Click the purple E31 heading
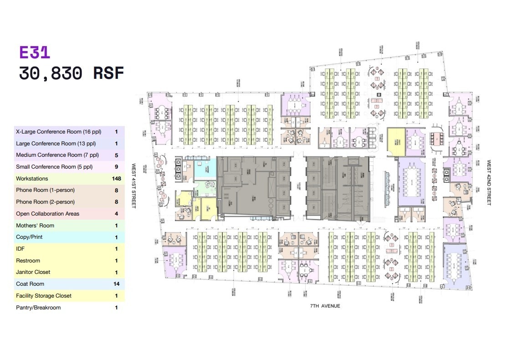35,52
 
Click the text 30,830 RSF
71,73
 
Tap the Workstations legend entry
32,179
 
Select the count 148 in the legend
116,179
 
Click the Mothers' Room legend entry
35,226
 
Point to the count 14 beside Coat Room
116,284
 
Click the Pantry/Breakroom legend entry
38,308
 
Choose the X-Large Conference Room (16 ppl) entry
58,132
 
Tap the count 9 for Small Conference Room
116,167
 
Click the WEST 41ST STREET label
134,186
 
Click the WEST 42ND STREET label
489,182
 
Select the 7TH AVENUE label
325,306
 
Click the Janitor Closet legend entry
33,272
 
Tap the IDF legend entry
20,249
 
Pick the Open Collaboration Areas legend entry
47,214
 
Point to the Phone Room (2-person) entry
45,202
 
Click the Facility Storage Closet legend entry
44,296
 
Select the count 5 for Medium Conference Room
116,155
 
